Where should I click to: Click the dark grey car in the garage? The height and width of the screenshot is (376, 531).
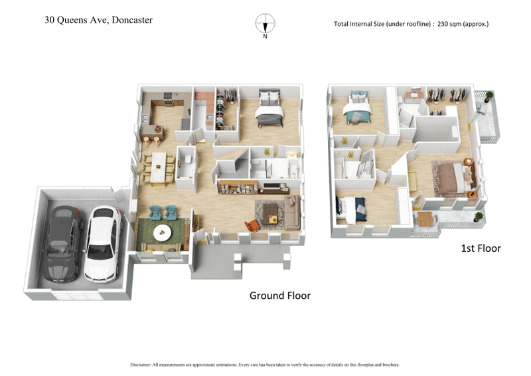coord(63,243)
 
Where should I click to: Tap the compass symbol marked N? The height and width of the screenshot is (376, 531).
coord(265,25)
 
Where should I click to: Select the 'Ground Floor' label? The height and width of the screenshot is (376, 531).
coord(279,296)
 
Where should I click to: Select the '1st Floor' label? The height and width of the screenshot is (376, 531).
coord(481,248)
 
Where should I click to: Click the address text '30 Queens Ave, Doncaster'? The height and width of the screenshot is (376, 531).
coord(98,20)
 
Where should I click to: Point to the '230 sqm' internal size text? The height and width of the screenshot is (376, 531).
coord(456,24)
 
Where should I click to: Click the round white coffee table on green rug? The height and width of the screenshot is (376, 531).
coord(162,233)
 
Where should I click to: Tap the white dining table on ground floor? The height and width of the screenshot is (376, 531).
coord(158,167)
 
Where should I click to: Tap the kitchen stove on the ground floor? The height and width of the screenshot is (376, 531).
coord(167,101)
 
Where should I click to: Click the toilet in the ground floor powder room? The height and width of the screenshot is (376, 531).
coord(188,159)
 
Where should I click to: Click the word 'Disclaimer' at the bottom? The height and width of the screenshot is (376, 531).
coord(142,365)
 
